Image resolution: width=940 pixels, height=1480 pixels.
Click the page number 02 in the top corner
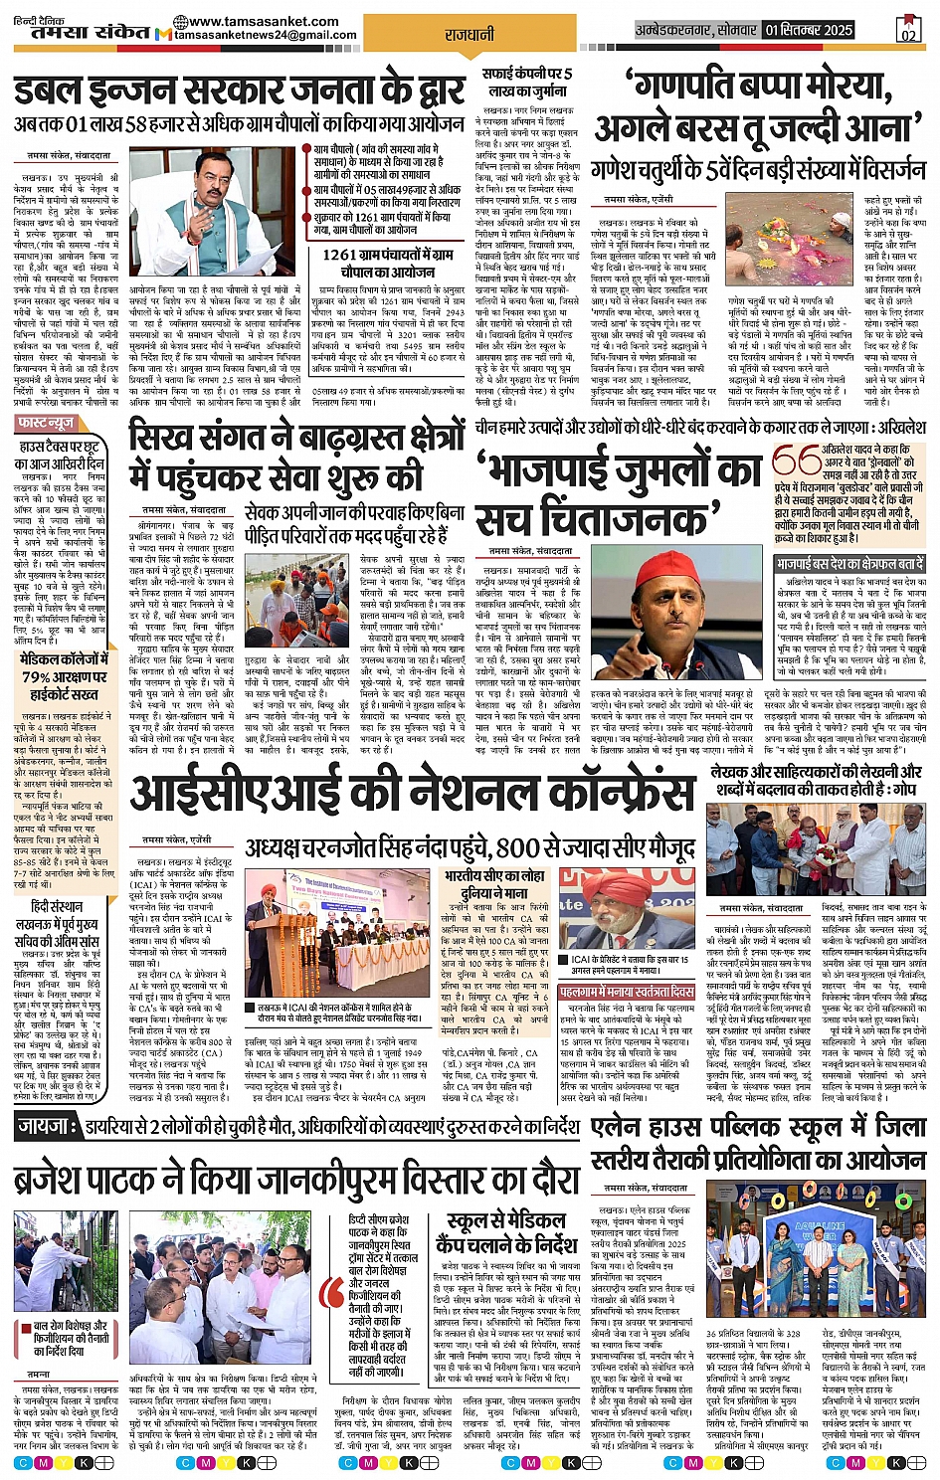tap(907, 32)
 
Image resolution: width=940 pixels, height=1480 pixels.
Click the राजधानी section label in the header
tap(470, 35)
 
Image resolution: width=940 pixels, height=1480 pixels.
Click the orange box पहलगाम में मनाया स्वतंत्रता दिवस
tap(627, 993)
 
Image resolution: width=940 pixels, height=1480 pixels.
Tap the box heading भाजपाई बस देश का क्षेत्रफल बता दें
tap(850, 564)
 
